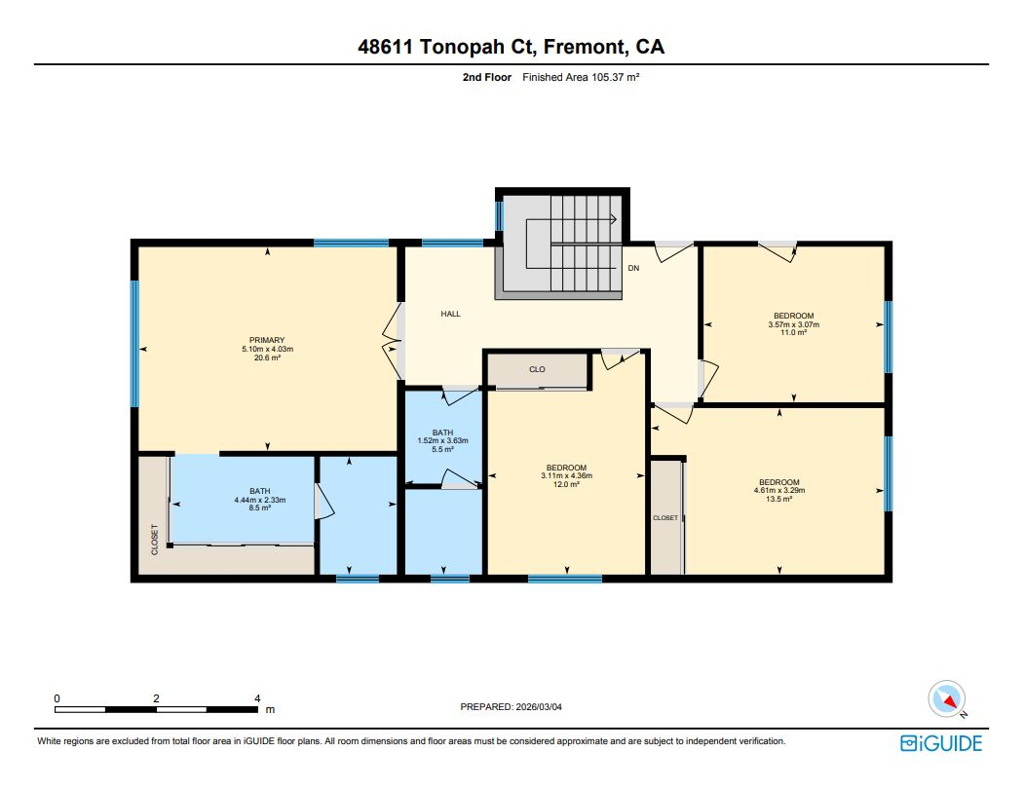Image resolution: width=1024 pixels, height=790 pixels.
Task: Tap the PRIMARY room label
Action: click(267, 340)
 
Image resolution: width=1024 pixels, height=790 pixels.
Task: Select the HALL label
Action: click(450, 314)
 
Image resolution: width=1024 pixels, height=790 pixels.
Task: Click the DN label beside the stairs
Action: click(632, 268)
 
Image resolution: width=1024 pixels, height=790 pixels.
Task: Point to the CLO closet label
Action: click(537, 370)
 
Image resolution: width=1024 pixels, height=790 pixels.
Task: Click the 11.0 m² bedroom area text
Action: click(794, 333)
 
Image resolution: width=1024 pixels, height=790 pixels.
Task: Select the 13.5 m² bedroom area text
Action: click(779, 500)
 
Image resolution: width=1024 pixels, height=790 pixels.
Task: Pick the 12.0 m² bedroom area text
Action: click(566, 484)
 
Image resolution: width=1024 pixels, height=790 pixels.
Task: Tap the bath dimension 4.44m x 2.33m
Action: click(259, 500)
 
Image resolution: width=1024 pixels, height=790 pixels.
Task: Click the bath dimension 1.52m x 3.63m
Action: click(443, 440)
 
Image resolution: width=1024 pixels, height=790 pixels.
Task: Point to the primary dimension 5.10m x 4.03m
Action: click(267, 349)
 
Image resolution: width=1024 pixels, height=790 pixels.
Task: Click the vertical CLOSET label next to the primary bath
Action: click(154, 540)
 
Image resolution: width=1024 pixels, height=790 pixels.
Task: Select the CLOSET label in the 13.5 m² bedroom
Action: click(665, 518)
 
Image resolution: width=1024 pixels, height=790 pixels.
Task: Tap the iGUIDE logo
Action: click(941, 743)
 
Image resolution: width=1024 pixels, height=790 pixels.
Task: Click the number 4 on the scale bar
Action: click(257, 698)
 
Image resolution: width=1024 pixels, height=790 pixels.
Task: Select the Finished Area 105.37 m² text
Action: click(581, 75)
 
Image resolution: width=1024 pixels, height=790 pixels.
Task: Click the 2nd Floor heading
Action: click(486, 75)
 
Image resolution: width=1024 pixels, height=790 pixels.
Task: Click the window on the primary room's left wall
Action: click(134, 343)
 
